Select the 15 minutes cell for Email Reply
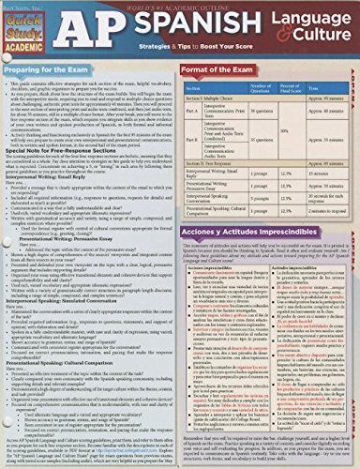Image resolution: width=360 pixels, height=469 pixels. coord(323,174)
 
